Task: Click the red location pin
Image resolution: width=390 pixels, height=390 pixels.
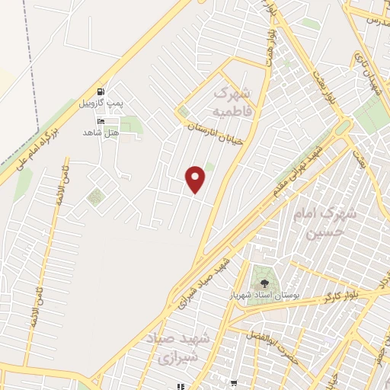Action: pos(196,179)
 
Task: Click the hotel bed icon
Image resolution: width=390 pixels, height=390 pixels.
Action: pos(101,121)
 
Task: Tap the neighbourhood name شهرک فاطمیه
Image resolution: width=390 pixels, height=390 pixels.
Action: pos(231,102)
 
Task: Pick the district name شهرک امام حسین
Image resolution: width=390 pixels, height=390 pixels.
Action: pos(336,223)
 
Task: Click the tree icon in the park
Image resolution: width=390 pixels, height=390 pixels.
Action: pos(265,283)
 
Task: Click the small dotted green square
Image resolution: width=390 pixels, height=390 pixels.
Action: pos(94,198)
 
